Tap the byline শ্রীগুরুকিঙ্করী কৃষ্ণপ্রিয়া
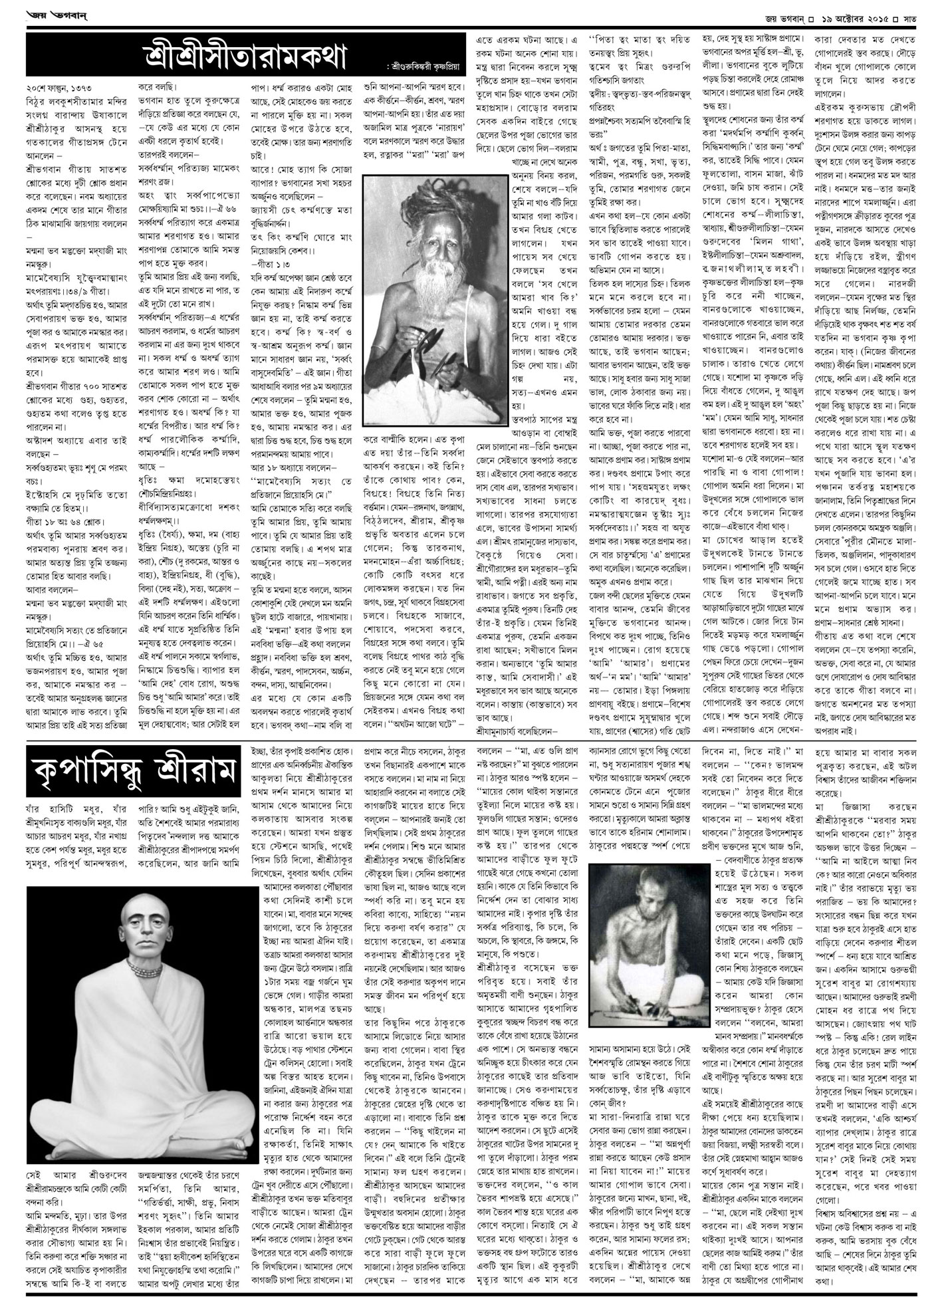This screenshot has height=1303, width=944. point(418,68)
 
